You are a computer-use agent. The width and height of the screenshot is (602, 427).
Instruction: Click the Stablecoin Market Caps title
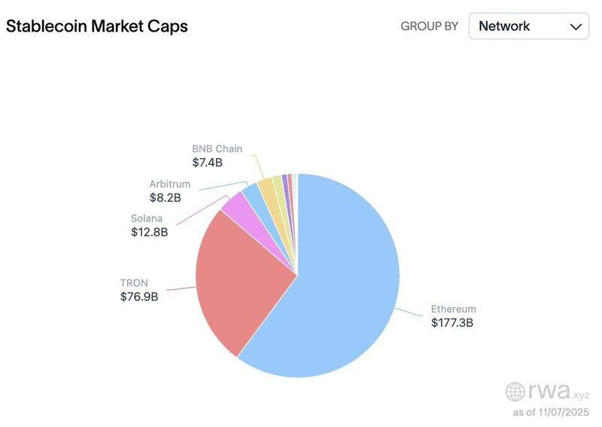(97, 26)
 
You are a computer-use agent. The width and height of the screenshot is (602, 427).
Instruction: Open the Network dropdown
(529, 26)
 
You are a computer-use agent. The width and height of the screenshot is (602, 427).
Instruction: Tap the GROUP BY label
(429, 26)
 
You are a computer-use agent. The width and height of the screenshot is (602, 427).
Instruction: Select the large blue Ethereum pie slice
(346, 286)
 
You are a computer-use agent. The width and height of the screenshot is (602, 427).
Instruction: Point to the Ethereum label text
(453, 309)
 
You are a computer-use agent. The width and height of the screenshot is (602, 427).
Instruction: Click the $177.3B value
(451, 323)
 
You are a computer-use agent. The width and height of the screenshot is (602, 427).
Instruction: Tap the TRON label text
(134, 282)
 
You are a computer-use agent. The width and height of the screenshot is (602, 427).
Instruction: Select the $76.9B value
(139, 297)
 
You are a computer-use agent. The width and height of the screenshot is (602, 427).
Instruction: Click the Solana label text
(147, 218)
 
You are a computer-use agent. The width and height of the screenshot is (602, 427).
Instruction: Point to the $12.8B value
(149, 233)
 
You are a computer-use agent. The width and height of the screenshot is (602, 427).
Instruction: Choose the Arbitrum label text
(169, 184)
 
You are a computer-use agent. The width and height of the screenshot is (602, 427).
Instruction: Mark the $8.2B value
(165, 198)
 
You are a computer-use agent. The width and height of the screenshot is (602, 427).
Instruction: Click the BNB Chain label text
(217, 148)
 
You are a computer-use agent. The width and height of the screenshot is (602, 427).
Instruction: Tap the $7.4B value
(207, 162)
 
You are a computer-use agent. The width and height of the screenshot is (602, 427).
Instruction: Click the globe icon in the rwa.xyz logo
(515, 392)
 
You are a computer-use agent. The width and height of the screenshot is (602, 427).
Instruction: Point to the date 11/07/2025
(565, 413)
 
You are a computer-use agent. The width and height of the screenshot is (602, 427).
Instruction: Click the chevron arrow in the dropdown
(576, 26)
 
